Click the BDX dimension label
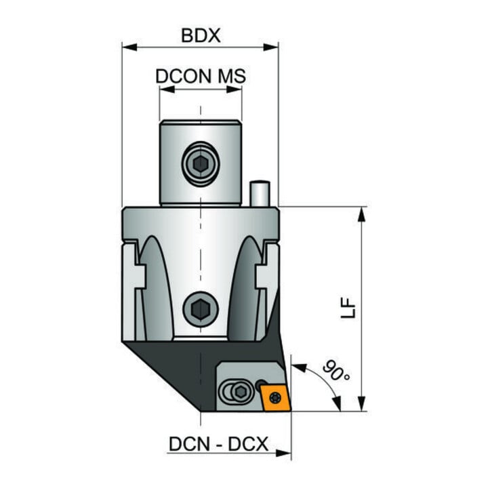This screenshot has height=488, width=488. [201, 35]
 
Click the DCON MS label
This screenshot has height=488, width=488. [201, 76]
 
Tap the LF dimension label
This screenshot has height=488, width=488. [348, 308]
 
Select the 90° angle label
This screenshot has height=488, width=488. [336, 370]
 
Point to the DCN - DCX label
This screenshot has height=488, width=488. [218, 444]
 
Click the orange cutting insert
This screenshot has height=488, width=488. [276, 397]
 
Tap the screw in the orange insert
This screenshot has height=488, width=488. [275, 397]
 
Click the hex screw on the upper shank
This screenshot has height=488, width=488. [201, 164]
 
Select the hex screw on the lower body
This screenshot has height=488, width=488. [201, 309]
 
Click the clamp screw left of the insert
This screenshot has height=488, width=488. [240, 392]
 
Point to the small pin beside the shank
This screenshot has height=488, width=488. [260, 193]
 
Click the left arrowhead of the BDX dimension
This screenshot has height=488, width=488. [129, 47]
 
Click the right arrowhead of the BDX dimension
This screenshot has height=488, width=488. [270, 47]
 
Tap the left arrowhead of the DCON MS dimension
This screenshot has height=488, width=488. [167, 89]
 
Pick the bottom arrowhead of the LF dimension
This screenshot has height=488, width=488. [361, 404]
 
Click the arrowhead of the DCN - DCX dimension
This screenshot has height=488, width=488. [283, 453]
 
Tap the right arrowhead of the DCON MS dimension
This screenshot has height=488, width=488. [234, 89]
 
